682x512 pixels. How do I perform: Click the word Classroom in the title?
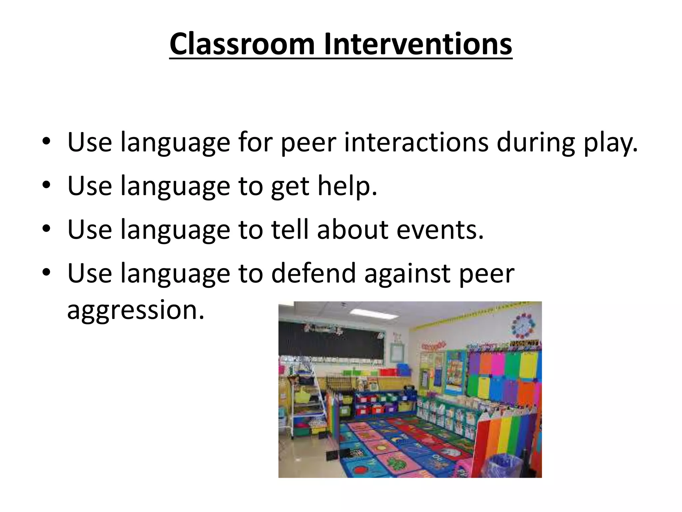(242, 44)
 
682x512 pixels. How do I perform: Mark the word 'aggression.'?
(136, 310)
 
